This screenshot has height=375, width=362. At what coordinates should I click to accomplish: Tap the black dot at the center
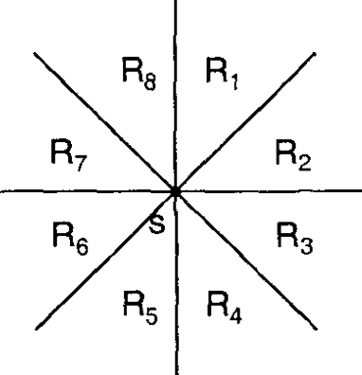(176, 192)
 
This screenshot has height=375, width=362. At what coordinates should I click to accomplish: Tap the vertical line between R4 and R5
(176, 303)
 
